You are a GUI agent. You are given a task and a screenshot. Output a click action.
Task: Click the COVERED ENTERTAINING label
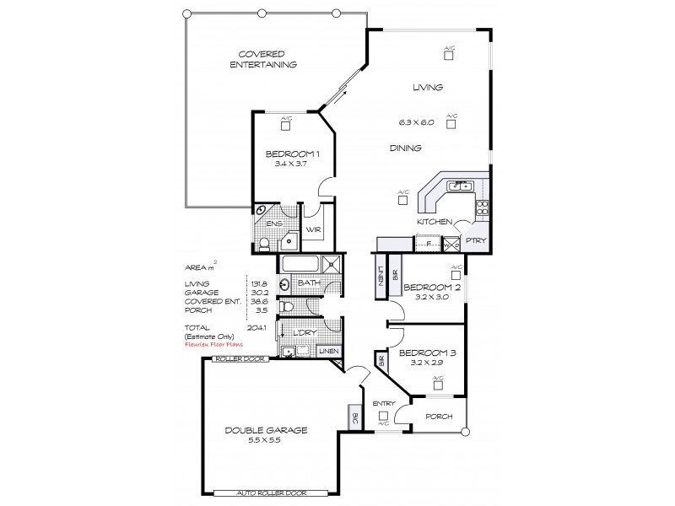pyautogui.click(x=264, y=59)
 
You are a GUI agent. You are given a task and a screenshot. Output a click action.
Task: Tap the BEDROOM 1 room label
pyautogui.click(x=293, y=153)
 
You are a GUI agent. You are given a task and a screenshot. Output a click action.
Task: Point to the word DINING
pyautogui.click(x=405, y=148)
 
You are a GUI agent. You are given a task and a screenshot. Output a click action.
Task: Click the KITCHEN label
pyautogui.click(x=434, y=221)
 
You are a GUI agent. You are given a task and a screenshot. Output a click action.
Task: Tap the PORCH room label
pyautogui.click(x=438, y=416)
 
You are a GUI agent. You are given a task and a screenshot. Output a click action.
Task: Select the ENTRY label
pyautogui.click(x=384, y=404)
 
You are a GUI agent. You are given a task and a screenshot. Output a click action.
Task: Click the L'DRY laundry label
pyautogui.click(x=303, y=332)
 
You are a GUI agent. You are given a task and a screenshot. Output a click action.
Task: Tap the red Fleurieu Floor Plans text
pyautogui.click(x=214, y=344)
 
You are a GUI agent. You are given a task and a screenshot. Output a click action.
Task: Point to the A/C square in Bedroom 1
pyautogui.click(x=286, y=126)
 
